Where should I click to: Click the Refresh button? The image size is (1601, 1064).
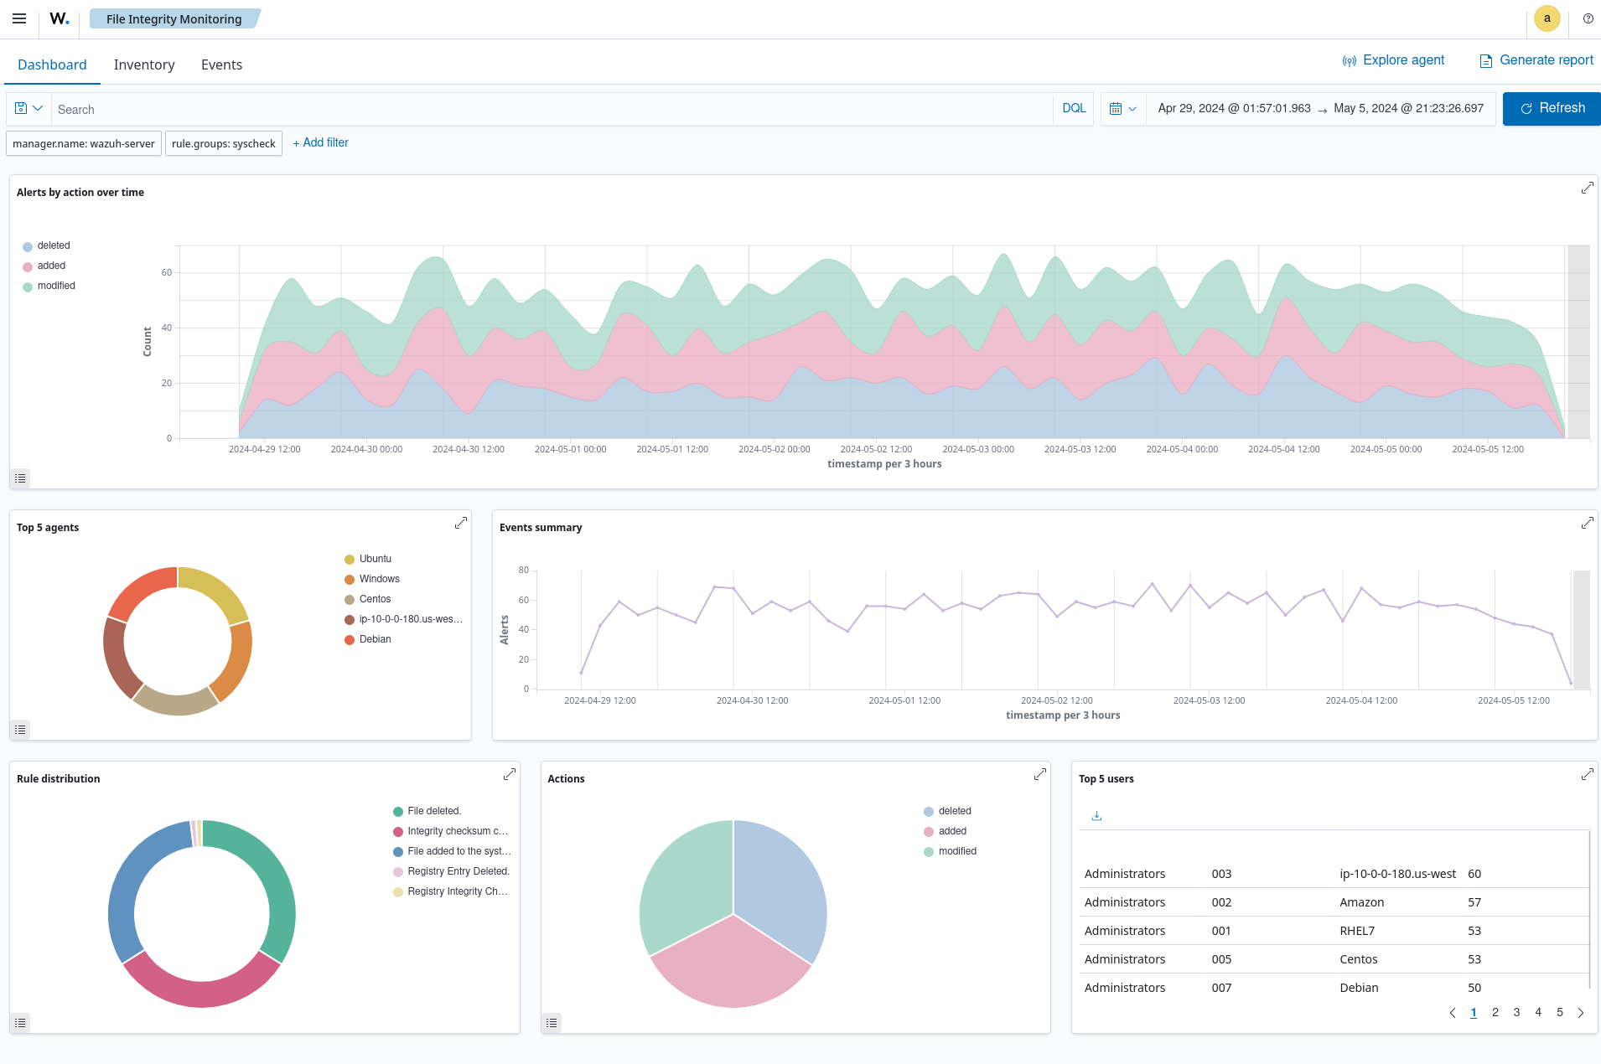[1551, 108]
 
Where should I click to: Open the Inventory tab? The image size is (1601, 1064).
[144, 65]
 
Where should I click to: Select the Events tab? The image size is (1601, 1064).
[221, 65]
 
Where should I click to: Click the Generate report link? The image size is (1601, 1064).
[1536, 60]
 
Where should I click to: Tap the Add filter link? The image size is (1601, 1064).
[321, 142]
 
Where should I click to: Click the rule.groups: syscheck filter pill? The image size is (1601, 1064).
[223, 143]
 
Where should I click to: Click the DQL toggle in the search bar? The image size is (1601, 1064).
[1073, 108]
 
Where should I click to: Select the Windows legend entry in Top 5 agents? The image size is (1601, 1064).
[379, 579]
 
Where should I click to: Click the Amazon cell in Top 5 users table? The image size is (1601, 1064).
[1361, 902]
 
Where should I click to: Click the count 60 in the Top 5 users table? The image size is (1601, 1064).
[1474, 874]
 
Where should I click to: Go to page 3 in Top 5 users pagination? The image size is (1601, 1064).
[1516, 1012]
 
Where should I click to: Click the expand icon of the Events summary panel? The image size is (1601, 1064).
[1587, 523]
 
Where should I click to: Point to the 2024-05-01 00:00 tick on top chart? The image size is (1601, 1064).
[570, 449]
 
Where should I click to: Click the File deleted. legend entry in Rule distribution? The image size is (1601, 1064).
[433, 811]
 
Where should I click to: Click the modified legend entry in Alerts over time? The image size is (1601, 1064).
[56, 286]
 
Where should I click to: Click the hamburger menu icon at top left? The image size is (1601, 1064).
[19, 18]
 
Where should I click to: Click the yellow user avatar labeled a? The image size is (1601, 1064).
[1547, 18]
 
